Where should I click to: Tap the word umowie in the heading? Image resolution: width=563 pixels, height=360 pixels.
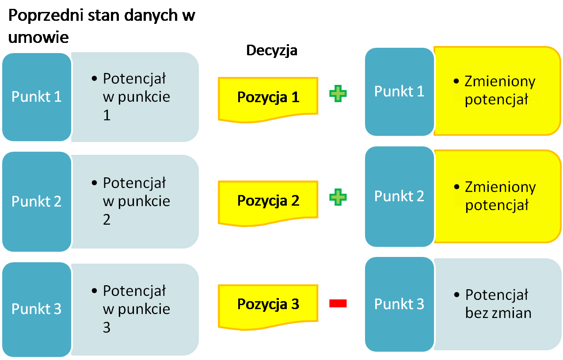(39, 37)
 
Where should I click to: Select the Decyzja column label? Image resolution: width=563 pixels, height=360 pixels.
(272, 50)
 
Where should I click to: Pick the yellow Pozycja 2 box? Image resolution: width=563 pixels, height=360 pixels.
(268, 201)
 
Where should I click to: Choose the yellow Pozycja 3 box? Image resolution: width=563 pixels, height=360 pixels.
(268, 304)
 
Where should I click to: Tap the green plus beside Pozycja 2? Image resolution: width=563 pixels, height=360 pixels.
(338, 197)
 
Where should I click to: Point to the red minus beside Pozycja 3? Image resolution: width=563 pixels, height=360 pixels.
(338, 303)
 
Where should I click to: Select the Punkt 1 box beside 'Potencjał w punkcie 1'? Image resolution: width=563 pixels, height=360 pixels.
(36, 97)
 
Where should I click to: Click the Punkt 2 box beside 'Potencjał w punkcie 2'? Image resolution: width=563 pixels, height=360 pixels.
(36, 201)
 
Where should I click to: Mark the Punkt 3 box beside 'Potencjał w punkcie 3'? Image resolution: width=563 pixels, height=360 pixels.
(36, 309)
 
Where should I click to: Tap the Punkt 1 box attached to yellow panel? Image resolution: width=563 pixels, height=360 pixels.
(399, 91)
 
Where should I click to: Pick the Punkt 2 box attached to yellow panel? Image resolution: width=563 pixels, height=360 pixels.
(399, 196)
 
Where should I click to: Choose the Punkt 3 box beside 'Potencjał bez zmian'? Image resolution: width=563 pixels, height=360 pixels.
(399, 304)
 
